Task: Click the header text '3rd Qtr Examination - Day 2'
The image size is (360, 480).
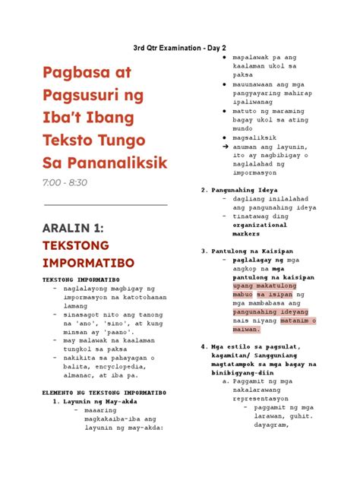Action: pos(180,48)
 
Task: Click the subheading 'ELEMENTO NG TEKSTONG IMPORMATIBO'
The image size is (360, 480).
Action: pos(103,393)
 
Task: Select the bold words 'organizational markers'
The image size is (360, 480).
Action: pos(260,229)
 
